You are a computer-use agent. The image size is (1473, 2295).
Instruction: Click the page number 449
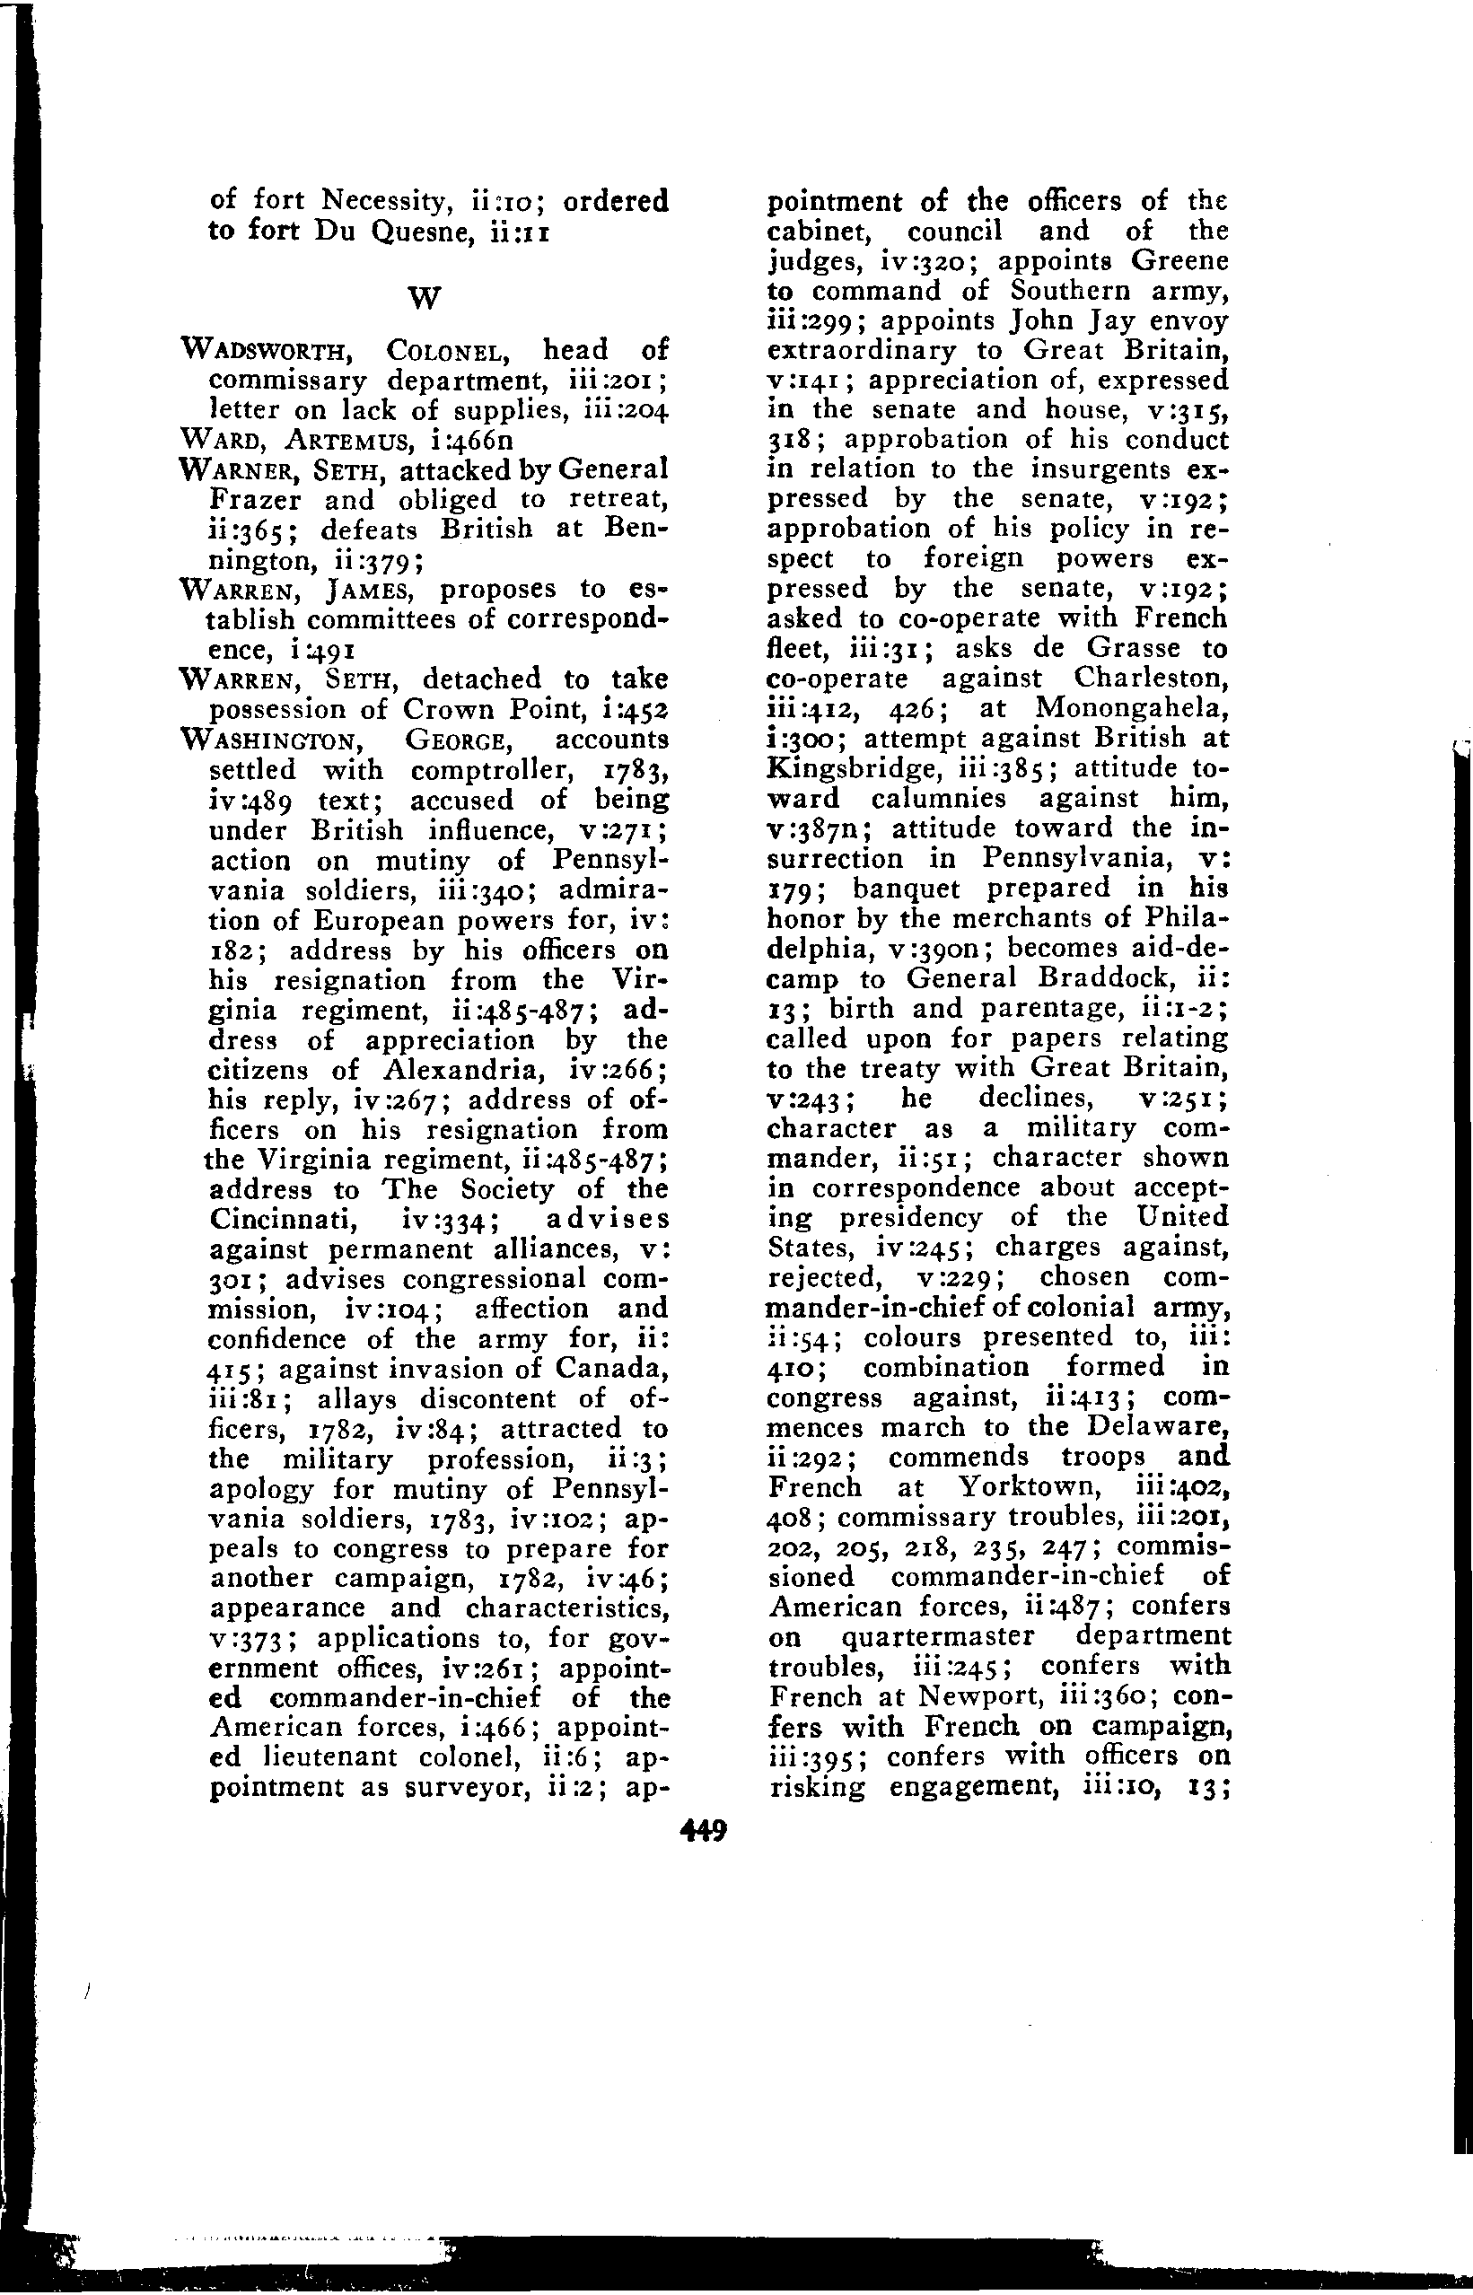(x=703, y=1831)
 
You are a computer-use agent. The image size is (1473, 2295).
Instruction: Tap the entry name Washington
(x=281, y=740)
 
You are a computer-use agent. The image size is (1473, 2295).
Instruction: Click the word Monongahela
(x=1129, y=707)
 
